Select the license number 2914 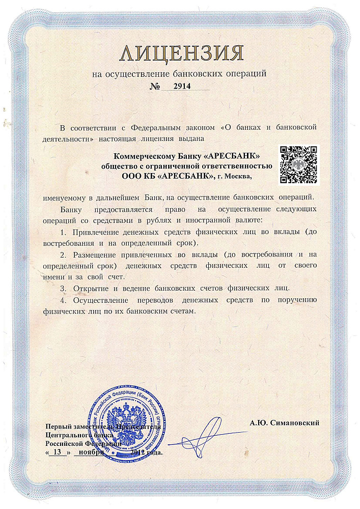182,87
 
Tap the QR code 300,164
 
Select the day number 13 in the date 57,451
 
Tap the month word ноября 89,451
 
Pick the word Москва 238,176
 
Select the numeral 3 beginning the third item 62,288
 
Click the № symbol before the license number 154,87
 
